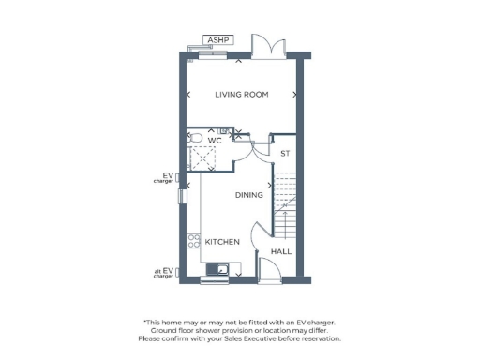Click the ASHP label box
click(x=218, y=40)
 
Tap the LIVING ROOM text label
click(x=242, y=95)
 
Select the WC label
click(x=215, y=140)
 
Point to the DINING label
click(x=249, y=195)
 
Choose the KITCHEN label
click(x=223, y=242)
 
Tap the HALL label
click(x=281, y=252)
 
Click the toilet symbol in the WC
click(x=194, y=137)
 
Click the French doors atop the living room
click(x=265, y=47)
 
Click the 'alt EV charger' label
click(x=164, y=274)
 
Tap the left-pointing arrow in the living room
click(x=190, y=95)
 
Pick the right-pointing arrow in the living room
click(x=295, y=95)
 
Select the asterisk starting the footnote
click(x=144, y=322)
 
